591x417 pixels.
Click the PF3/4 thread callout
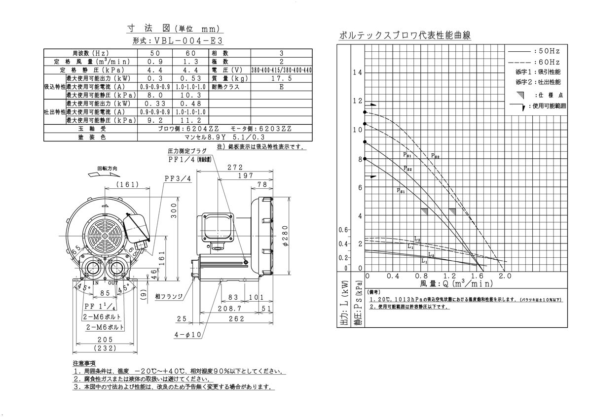(178, 178)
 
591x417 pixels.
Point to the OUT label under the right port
(113, 283)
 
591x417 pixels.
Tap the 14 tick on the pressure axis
(358, 72)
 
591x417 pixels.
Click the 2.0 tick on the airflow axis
(504, 276)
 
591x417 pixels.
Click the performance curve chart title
(405, 35)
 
